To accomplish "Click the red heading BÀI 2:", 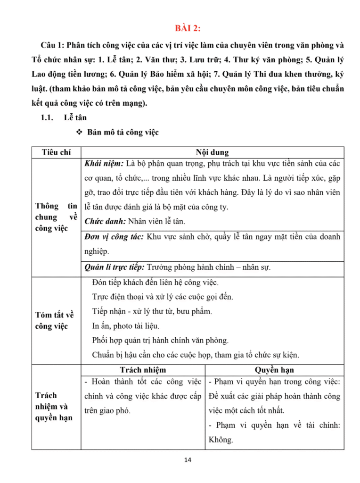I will click(188, 29).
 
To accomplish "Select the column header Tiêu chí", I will click(56, 152).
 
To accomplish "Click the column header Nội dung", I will click(212, 152).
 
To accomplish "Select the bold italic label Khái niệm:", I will click(104, 163).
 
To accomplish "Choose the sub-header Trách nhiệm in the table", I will click(143, 370).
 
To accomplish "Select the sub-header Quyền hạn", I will click(274, 370).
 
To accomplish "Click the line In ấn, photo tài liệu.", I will click(126, 325).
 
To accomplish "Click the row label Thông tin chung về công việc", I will click(56, 217).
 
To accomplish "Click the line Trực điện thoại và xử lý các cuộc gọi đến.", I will click(163, 297).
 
